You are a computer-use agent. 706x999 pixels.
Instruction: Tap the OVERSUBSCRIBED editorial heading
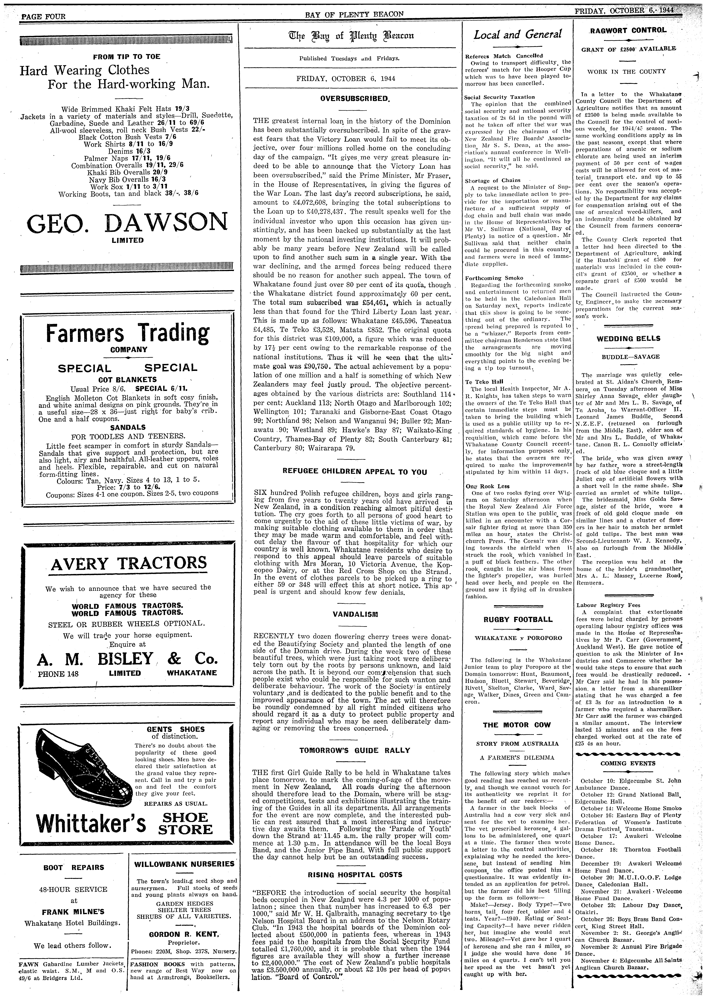[355, 99]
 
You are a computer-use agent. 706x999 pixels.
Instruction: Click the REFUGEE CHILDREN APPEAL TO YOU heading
[355, 472]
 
